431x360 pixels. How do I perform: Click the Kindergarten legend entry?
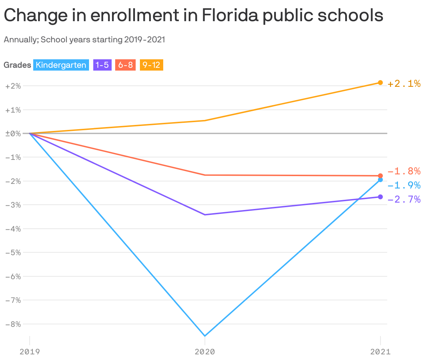[61, 65]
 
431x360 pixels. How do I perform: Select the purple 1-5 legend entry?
[102, 65]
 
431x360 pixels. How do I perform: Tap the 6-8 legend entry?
[125, 65]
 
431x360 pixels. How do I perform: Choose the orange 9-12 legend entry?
[151, 65]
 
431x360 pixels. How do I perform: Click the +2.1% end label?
[404, 84]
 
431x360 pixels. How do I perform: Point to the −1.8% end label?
[404, 172]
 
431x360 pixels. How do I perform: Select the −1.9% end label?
[404, 185]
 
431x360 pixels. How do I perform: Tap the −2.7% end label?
[404, 199]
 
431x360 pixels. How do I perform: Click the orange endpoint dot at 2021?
[380, 83]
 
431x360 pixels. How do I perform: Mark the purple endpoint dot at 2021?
[380, 197]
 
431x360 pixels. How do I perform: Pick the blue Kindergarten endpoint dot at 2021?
[380, 180]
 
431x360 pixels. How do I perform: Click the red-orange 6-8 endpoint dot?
[380, 176]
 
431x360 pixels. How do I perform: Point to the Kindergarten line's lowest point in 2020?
[205, 336]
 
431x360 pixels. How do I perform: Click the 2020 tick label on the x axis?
[205, 352]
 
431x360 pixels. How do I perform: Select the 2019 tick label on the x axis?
[30, 352]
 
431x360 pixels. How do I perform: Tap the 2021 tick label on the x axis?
[380, 352]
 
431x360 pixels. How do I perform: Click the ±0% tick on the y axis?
[13, 134]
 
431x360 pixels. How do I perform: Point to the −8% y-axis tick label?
[13, 324]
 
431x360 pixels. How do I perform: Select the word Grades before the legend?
[17, 65]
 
